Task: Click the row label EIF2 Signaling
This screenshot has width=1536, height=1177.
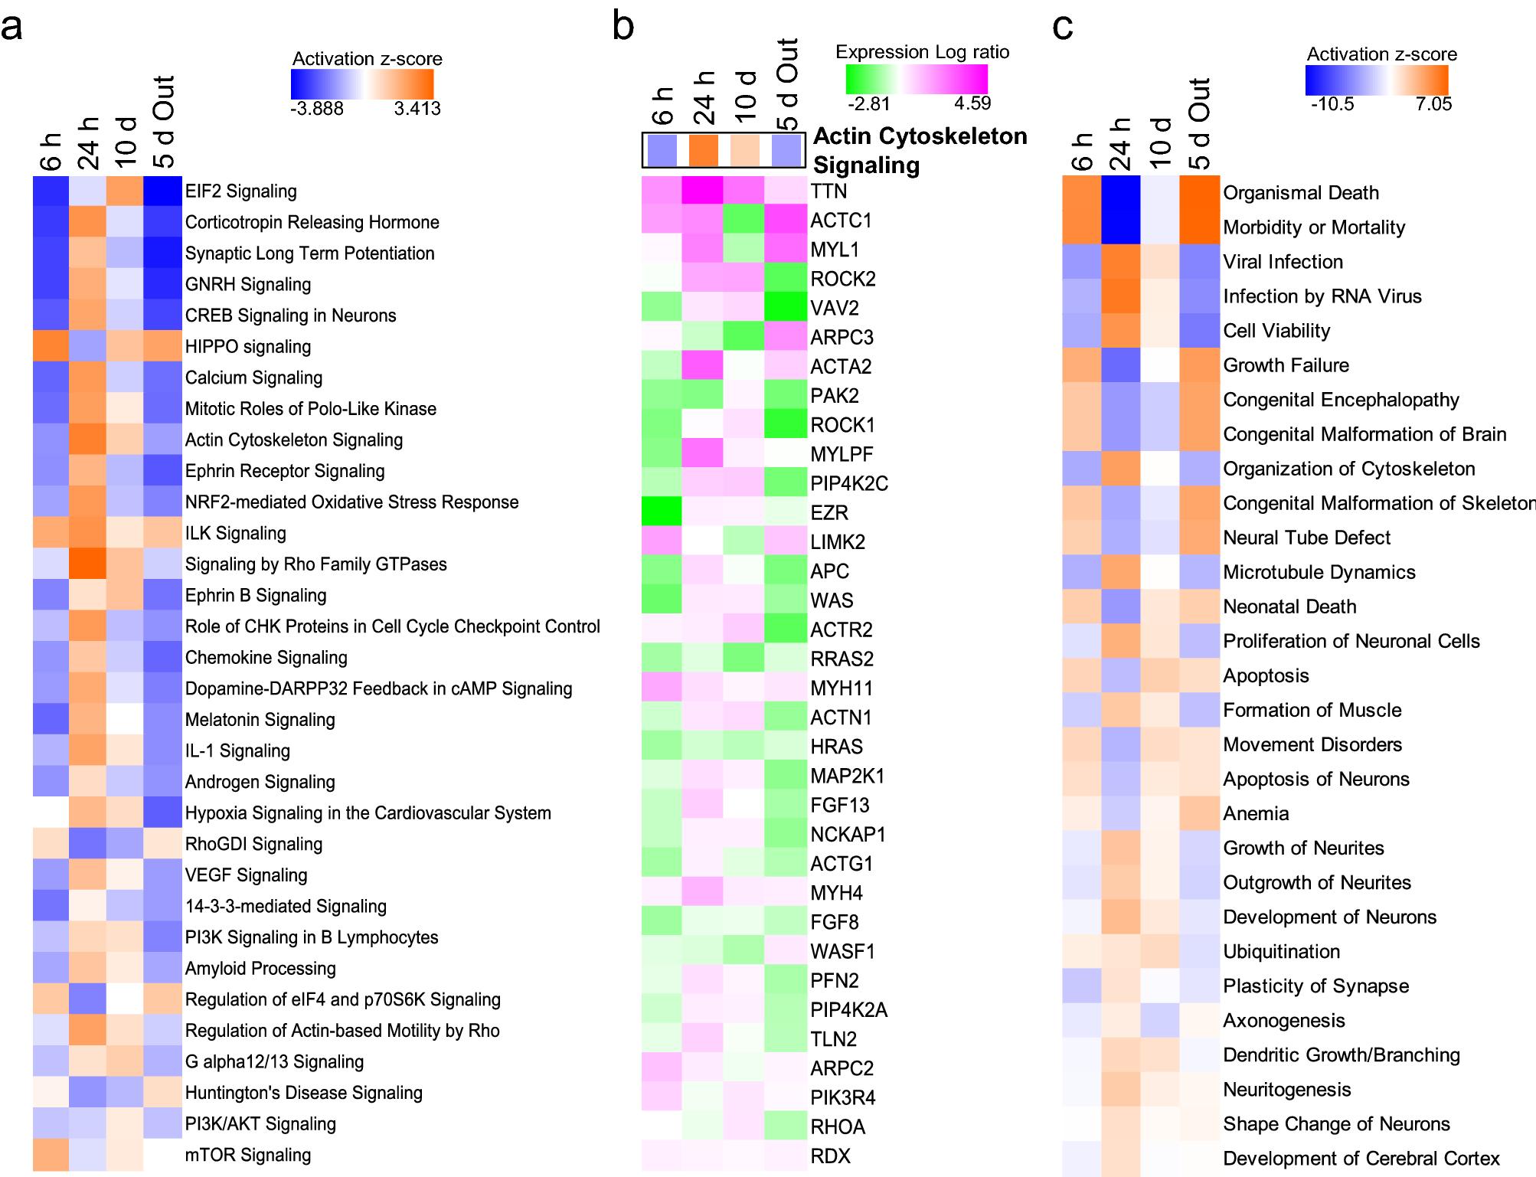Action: point(240,191)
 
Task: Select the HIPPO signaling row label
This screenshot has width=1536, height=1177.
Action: point(247,347)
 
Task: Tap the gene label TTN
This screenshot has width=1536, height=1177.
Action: point(828,191)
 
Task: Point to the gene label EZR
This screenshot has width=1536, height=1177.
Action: point(829,513)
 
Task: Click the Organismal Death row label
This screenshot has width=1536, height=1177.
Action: point(1300,193)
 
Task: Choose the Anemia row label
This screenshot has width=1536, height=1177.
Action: point(1256,813)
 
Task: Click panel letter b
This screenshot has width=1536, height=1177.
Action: point(623,27)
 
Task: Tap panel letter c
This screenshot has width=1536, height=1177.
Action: point(1063,27)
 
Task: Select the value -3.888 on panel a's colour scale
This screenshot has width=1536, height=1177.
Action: point(317,109)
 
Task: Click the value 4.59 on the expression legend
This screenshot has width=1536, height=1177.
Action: point(972,103)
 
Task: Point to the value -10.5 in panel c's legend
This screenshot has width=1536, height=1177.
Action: point(1332,104)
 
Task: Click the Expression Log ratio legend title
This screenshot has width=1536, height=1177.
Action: point(922,52)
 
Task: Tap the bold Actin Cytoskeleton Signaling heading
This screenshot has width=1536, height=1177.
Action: point(919,150)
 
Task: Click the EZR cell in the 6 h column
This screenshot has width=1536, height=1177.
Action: point(662,512)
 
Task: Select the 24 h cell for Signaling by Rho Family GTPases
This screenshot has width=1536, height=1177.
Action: point(88,564)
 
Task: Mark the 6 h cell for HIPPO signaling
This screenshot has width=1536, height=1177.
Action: point(51,347)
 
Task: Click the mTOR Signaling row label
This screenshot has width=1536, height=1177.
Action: point(247,1155)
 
